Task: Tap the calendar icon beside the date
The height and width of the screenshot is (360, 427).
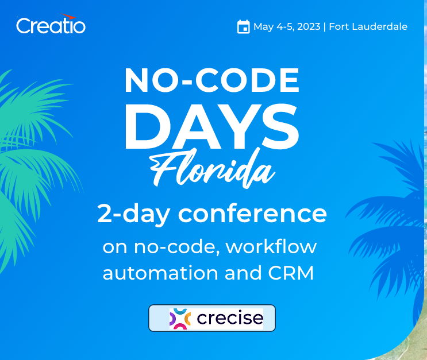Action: (244, 26)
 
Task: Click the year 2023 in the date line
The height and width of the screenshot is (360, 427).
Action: (309, 26)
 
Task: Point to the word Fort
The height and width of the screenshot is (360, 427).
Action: (339, 26)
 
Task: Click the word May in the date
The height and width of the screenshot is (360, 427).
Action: (264, 27)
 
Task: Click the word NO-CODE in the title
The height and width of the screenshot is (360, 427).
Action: (212, 80)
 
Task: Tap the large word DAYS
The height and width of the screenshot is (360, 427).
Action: (212, 126)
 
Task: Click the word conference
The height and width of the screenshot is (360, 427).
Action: (252, 214)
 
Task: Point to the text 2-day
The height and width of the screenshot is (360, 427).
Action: (134, 215)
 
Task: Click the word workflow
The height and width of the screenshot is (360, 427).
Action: (271, 247)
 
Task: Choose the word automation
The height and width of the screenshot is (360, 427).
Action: (160, 273)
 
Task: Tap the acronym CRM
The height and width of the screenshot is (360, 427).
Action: (291, 273)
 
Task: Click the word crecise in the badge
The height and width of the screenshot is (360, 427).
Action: (230, 318)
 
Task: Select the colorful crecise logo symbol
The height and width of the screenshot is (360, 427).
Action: (180, 319)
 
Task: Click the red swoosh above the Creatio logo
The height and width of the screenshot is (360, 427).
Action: (68, 16)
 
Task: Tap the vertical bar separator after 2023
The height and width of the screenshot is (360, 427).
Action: (325, 27)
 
